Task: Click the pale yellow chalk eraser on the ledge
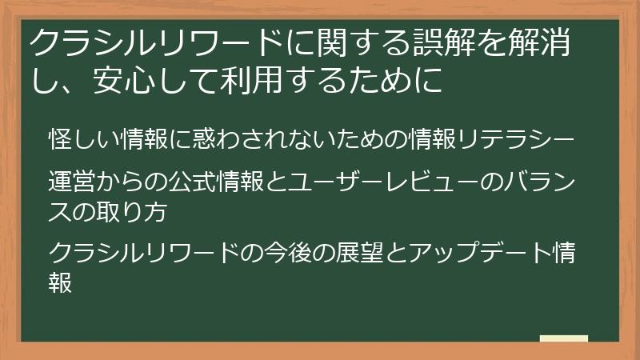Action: coord(564,338)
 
